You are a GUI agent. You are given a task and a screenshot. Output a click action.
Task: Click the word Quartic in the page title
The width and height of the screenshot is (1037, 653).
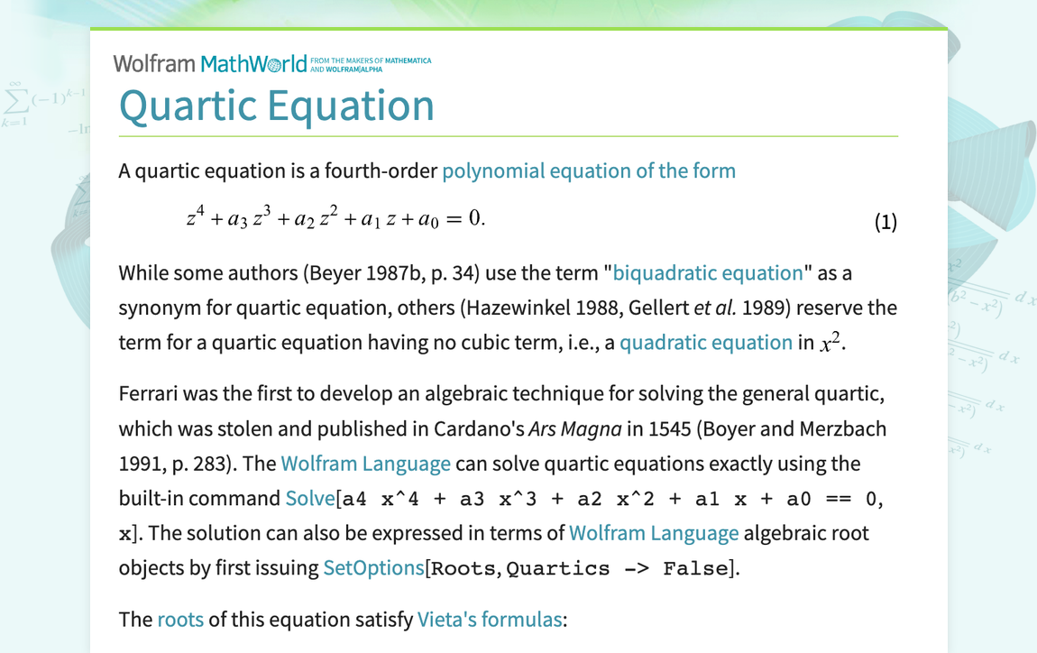pos(188,106)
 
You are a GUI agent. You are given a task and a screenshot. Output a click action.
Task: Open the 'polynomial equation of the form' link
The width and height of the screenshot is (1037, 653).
pos(589,170)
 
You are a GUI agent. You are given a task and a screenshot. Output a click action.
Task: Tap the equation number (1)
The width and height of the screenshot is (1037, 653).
pos(886,222)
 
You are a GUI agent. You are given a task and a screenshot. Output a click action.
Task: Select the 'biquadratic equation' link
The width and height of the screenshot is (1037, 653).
pos(708,272)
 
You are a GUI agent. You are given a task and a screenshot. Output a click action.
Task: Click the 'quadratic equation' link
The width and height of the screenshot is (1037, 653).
pos(706,342)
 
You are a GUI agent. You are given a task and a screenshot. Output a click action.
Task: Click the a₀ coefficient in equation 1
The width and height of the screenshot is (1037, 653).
pos(428,219)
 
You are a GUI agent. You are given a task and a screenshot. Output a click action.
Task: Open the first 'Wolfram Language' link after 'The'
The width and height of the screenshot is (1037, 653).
pos(366,463)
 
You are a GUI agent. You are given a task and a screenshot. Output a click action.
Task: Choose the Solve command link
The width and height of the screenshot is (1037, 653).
pos(310,498)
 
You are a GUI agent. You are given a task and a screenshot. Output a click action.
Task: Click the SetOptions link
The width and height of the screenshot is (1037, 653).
pos(373,567)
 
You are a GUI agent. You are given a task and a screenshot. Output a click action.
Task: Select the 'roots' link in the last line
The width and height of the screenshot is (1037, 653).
pos(180,620)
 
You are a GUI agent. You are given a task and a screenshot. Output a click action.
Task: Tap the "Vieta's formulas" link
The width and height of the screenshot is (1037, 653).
pos(490,620)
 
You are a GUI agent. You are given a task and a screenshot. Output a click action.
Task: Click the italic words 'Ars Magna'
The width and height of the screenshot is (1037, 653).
pos(574,428)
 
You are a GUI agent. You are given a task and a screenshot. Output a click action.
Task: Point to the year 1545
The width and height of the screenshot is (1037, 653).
pos(670,428)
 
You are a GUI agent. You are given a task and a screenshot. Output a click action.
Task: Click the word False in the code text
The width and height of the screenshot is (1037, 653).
pos(695,568)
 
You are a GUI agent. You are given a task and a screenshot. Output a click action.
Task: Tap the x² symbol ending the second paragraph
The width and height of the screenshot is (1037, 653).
pos(830,342)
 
